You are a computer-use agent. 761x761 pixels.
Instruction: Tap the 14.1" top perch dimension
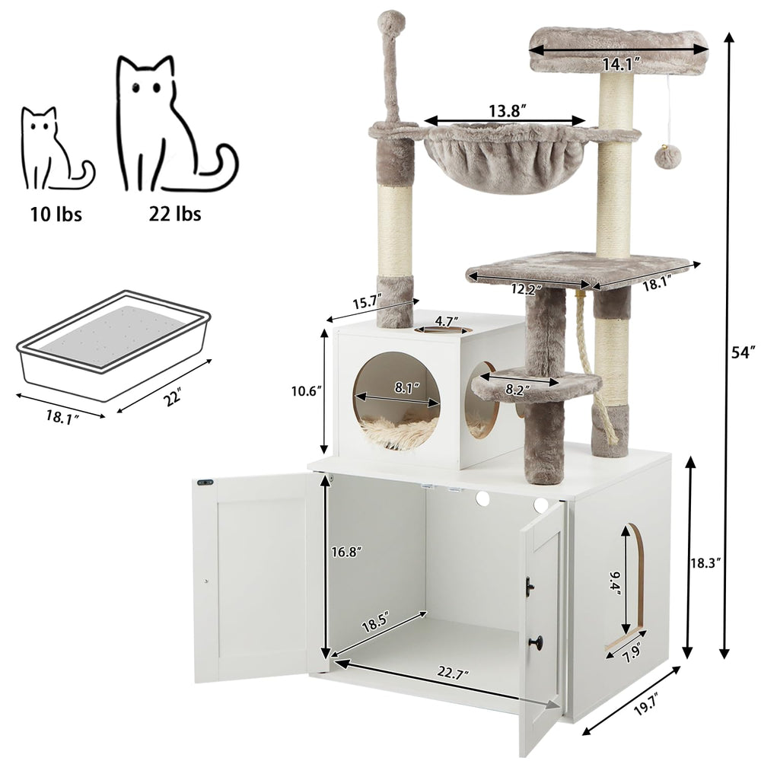pyautogui.click(x=617, y=65)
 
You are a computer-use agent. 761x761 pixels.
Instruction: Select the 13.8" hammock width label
pyautogui.click(x=504, y=110)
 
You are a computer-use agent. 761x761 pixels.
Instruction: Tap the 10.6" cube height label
pyautogui.click(x=307, y=390)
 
